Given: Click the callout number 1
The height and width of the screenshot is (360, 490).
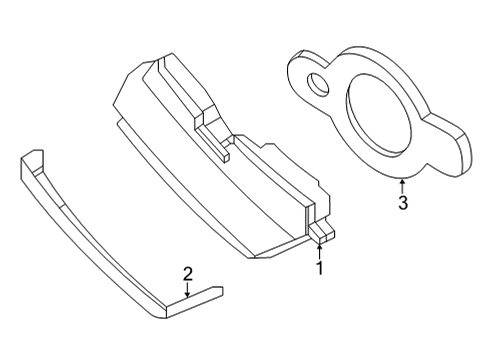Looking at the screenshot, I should tap(320, 268).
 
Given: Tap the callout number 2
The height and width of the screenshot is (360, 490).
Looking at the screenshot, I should tap(186, 273).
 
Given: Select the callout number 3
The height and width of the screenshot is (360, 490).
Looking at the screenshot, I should tap(401, 204).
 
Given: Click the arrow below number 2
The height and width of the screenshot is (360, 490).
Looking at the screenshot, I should tap(187, 290).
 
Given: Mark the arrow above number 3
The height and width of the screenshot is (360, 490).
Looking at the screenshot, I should tap(401, 184).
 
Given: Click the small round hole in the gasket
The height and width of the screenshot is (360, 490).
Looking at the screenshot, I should tap(319, 83).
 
